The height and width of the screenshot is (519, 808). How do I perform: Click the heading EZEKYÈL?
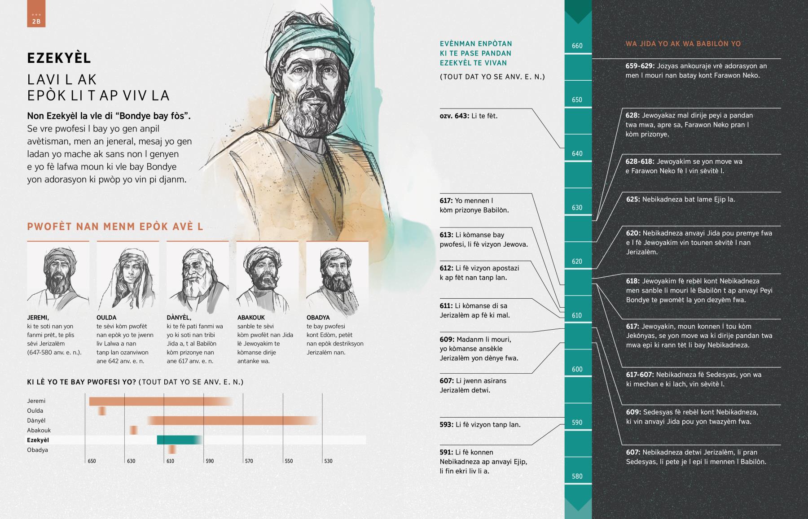59,58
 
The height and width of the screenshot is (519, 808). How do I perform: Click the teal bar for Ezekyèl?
179,440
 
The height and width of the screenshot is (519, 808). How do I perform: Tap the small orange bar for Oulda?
102,411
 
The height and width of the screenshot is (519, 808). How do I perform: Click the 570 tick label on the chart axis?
249,461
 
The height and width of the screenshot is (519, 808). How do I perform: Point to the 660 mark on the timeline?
577,46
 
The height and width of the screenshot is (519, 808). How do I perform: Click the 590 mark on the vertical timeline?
577,423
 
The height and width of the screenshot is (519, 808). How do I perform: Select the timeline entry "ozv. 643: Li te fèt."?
468,116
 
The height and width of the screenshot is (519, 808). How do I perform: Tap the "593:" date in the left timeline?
446,425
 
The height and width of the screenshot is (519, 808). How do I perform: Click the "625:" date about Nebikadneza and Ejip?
633,200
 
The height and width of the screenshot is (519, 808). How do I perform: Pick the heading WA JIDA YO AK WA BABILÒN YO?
683,44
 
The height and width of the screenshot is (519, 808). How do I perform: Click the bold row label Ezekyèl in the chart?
38,440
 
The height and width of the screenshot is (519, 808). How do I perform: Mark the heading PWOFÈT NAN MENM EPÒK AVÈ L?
115,227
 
